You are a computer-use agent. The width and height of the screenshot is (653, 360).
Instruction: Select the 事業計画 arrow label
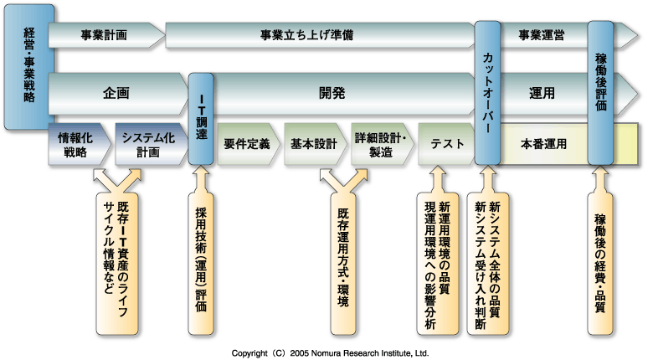pyautogui.click(x=104, y=36)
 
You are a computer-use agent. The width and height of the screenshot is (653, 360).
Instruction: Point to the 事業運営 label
pyautogui.click(x=541, y=36)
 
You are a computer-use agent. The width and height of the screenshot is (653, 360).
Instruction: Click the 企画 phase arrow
pyautogui.click(x=116, y=93)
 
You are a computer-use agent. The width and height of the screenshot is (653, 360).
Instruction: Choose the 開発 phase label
pyautogui.click(x=332, y=93)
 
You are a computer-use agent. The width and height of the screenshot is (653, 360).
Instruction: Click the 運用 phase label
pyautogui.click(x=542, y=93)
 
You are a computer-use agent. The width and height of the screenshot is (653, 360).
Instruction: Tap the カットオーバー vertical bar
pyautogui.click(x=487, y=92)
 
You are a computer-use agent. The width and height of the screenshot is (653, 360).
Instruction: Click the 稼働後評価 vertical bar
pyautogui.click(x=601, y=92)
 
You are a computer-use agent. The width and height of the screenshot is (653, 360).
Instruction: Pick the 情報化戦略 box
pyautogui.click(x=80, y=145)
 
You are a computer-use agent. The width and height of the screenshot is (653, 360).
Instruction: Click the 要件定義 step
pyautogui.click(x=246, y=144)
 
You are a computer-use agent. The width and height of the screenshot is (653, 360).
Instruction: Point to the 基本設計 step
pyautogui.click(x=313, y=144)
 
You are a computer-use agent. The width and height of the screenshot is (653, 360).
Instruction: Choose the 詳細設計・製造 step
pyautogui.click(x=381, y=144)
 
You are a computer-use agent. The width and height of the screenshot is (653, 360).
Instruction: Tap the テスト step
pyautogui.click(x=446, y=144)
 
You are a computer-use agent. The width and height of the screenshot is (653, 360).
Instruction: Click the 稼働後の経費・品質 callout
pyautogui.click(x=599, y=255)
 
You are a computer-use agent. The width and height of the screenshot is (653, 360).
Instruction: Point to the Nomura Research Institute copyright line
pyautogui.click(x=330, y=353)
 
